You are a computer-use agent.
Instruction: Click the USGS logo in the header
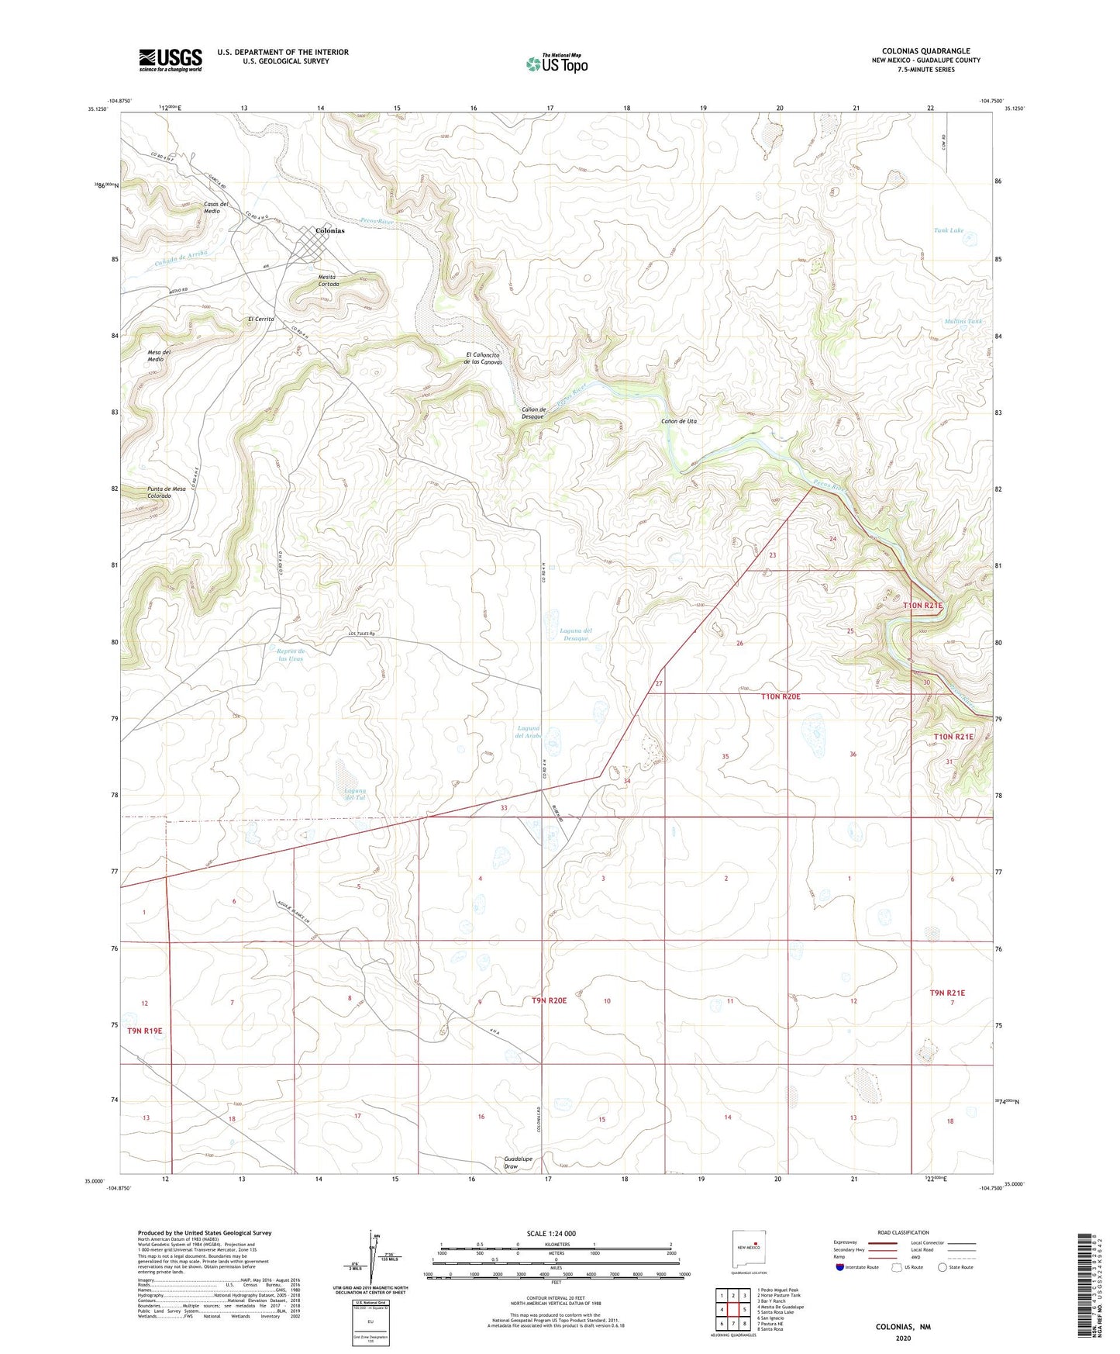click(x=171, y=60)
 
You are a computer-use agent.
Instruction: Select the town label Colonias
click(x=329, y=231)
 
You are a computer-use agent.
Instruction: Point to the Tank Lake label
click(x=948, y=230)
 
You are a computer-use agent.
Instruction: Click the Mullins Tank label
click(x=963, y=321)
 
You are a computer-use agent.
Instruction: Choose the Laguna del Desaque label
click(x=575, y=634)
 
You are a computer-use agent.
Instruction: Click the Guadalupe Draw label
click(x=518, y=1162)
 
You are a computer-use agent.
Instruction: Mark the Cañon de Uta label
click(x=679, y=421)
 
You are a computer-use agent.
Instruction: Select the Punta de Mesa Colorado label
click(x=167, y=492)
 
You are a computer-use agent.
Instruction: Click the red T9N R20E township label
click(x=549, y=1000)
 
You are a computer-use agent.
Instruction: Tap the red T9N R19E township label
click(x=145, y=1031)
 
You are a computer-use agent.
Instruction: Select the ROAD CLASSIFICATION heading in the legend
click(x=903, y=1232)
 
